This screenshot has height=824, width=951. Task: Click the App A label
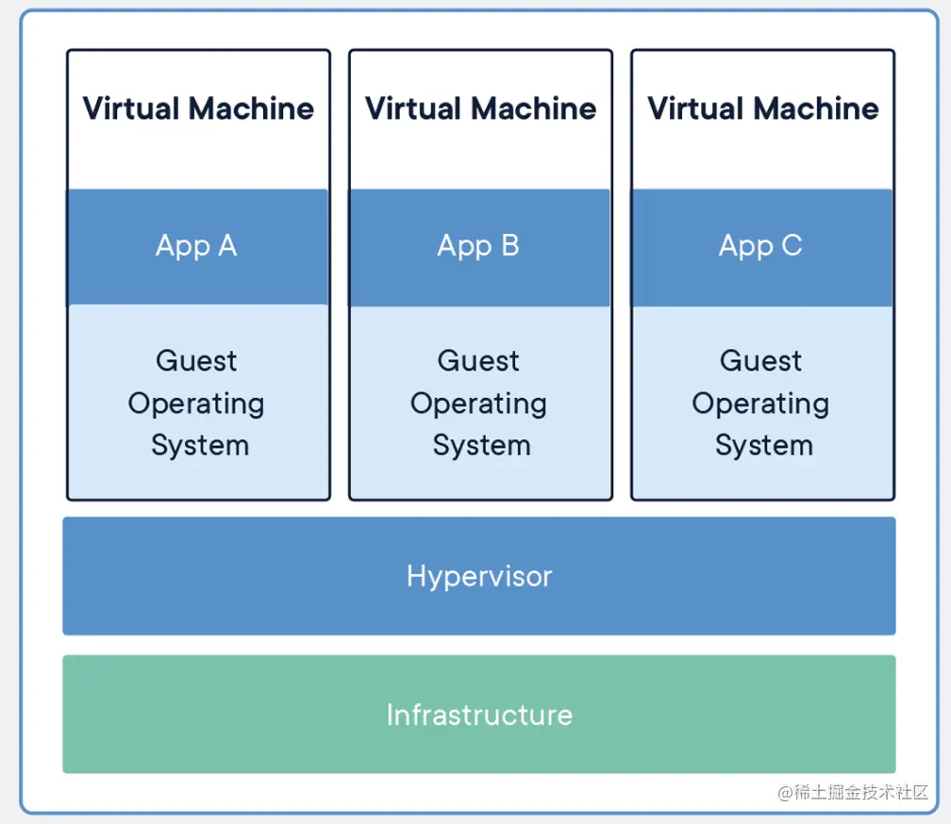coord(196,247)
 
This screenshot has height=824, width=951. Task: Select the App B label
coord(478,247)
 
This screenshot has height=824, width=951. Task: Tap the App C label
coord(760,247)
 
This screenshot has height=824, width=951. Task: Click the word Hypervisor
coord(479,576)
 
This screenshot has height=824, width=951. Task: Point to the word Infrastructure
coord(479,715)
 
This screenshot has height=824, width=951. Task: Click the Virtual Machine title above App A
coord(198,109)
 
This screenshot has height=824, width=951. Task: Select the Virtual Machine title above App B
coord(480,109)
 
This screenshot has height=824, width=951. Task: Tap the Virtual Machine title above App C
coord(763,109)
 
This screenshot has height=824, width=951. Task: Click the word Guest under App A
coord(196,361)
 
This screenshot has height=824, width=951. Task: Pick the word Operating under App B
coord(478,404)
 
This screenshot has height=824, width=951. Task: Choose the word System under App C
coord(763,446)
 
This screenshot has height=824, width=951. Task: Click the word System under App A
coord(200,446)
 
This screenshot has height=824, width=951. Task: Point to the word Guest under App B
coord(478,361)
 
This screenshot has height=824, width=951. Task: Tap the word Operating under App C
coord(760,404)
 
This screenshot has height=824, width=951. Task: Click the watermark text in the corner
coord(853,793)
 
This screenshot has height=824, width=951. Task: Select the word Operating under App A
coord(196,404)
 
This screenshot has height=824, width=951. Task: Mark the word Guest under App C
coord(760,361)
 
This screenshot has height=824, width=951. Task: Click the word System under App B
coord(481,446)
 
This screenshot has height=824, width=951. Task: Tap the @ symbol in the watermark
coord(785,793)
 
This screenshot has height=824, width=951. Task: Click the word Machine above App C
coord(816,109)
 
